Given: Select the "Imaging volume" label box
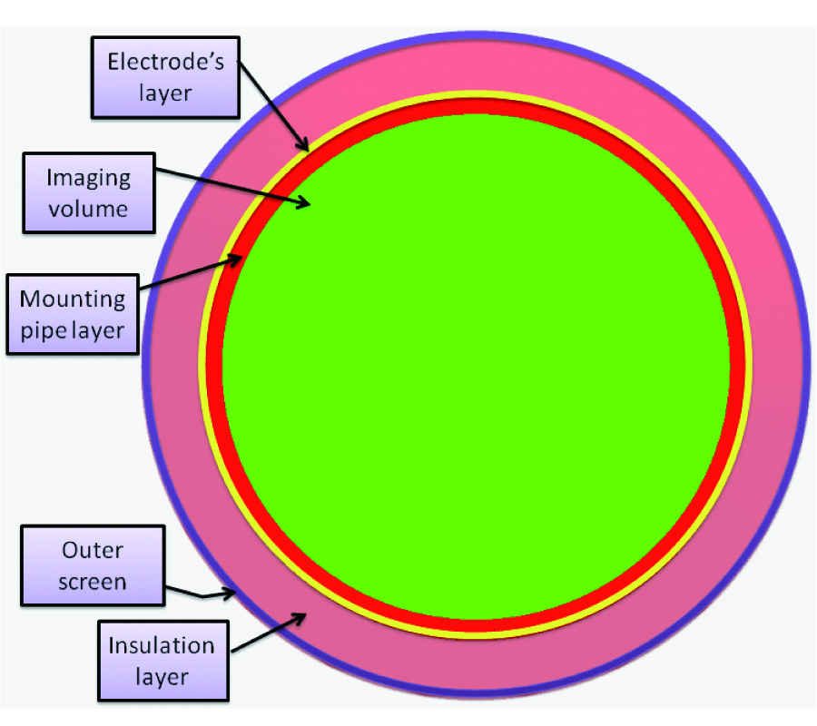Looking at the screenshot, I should coord(88,192).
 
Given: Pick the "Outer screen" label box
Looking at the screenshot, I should coord(92,565).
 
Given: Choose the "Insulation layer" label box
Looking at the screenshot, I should coord(161,662).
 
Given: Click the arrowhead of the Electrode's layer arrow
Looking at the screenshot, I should coord(310,149).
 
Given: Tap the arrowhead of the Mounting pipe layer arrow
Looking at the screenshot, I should coord(241,258).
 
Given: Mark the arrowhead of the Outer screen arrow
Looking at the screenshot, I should coord(236,592).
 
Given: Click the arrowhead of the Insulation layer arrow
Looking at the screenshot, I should coord(302,614).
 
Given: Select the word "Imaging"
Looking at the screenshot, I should coord(88,178).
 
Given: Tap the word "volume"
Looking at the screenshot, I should coord(88,209).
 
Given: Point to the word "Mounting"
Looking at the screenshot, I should coord(73,298).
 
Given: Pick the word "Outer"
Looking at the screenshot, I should coord(92,550).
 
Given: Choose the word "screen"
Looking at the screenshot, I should coord(92,581).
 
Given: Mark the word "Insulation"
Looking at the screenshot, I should coord(161,646).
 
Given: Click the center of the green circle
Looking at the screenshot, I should coord(476,367).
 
